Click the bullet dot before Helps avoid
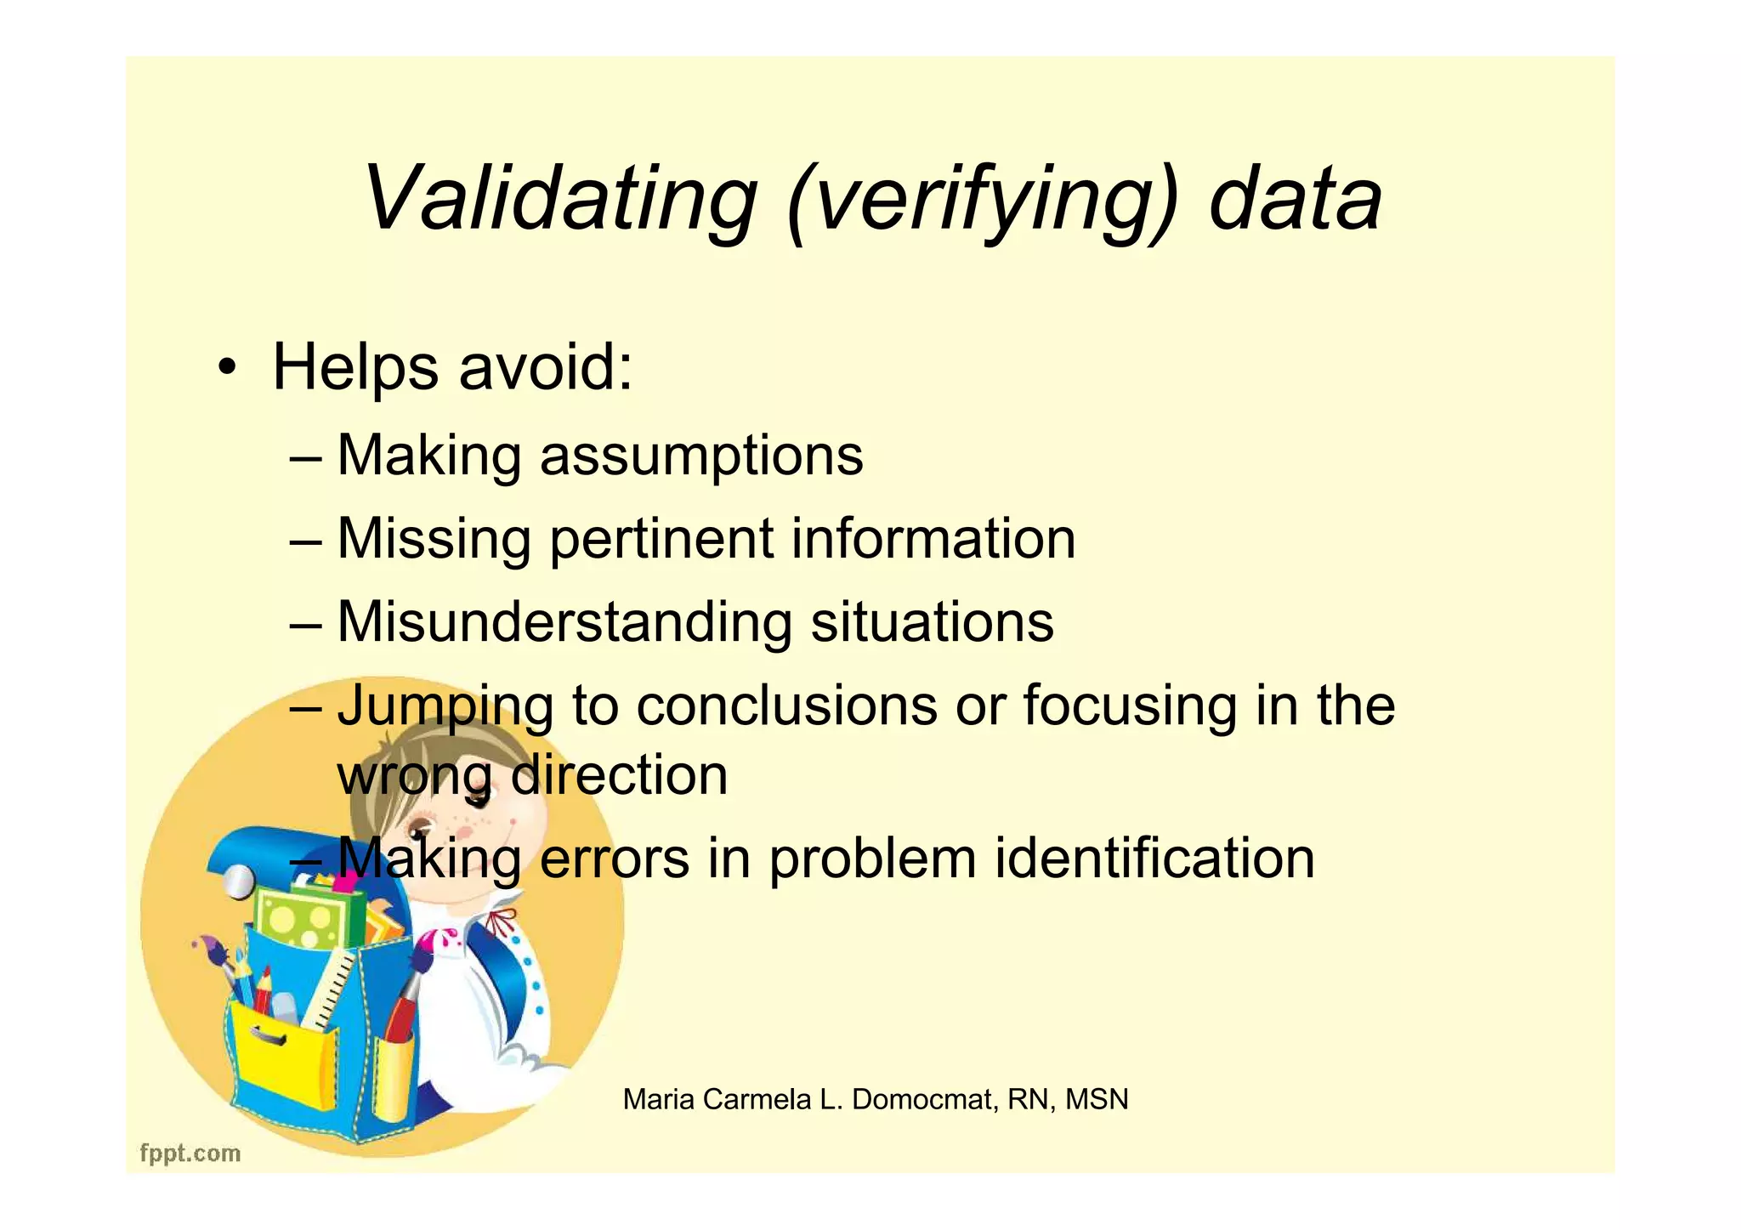pos(225,369)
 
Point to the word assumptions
pos(701,456)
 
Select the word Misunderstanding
pos(564,621)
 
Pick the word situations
pos(932,621)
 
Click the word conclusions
pos(786,706)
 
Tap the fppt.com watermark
pos(190,1153)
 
